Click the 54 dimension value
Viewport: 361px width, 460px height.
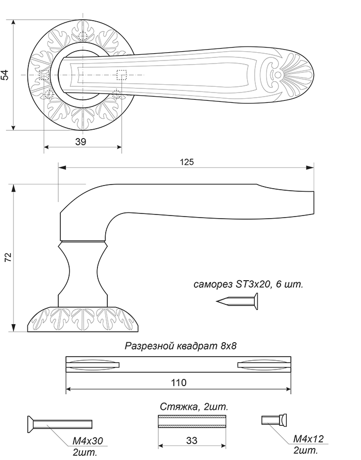(x=5, y=75)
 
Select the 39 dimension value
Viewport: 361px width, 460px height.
(x=80, y=142)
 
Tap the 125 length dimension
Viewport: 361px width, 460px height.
(x=187, y=162)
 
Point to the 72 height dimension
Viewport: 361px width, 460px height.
(x=7, y=258)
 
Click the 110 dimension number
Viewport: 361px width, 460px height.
(x=178, y=382)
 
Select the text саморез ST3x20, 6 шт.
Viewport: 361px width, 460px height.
(x=248, y=284)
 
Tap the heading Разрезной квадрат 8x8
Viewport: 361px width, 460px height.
(x=180, y=346)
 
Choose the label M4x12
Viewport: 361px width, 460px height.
(x=308, y=439)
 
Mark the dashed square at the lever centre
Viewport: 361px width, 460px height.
(x=122, y=75)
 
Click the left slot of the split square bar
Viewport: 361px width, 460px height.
(x=93, y=365)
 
